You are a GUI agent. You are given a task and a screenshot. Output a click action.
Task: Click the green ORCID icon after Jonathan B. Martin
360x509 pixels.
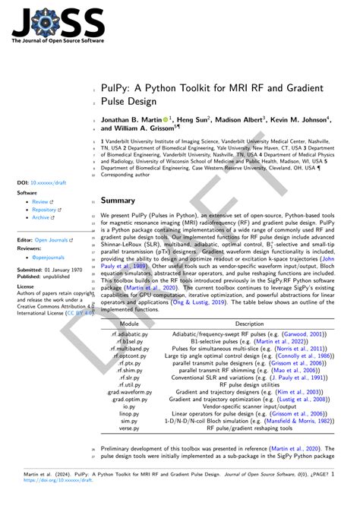pos(166,119)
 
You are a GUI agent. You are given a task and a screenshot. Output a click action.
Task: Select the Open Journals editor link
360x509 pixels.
pos(52,239)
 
